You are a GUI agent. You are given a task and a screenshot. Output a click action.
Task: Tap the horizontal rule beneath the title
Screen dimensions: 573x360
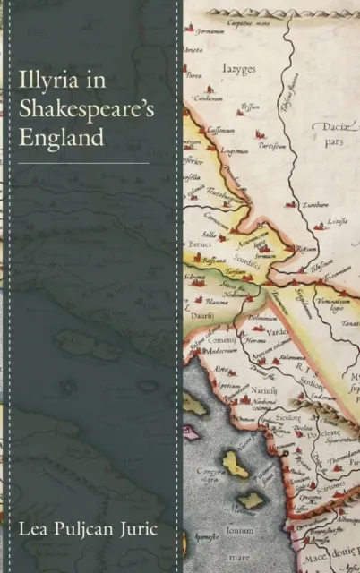click(x=84, y=164)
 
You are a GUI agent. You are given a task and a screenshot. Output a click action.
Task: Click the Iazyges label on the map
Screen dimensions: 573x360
click(x=238, y=69)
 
